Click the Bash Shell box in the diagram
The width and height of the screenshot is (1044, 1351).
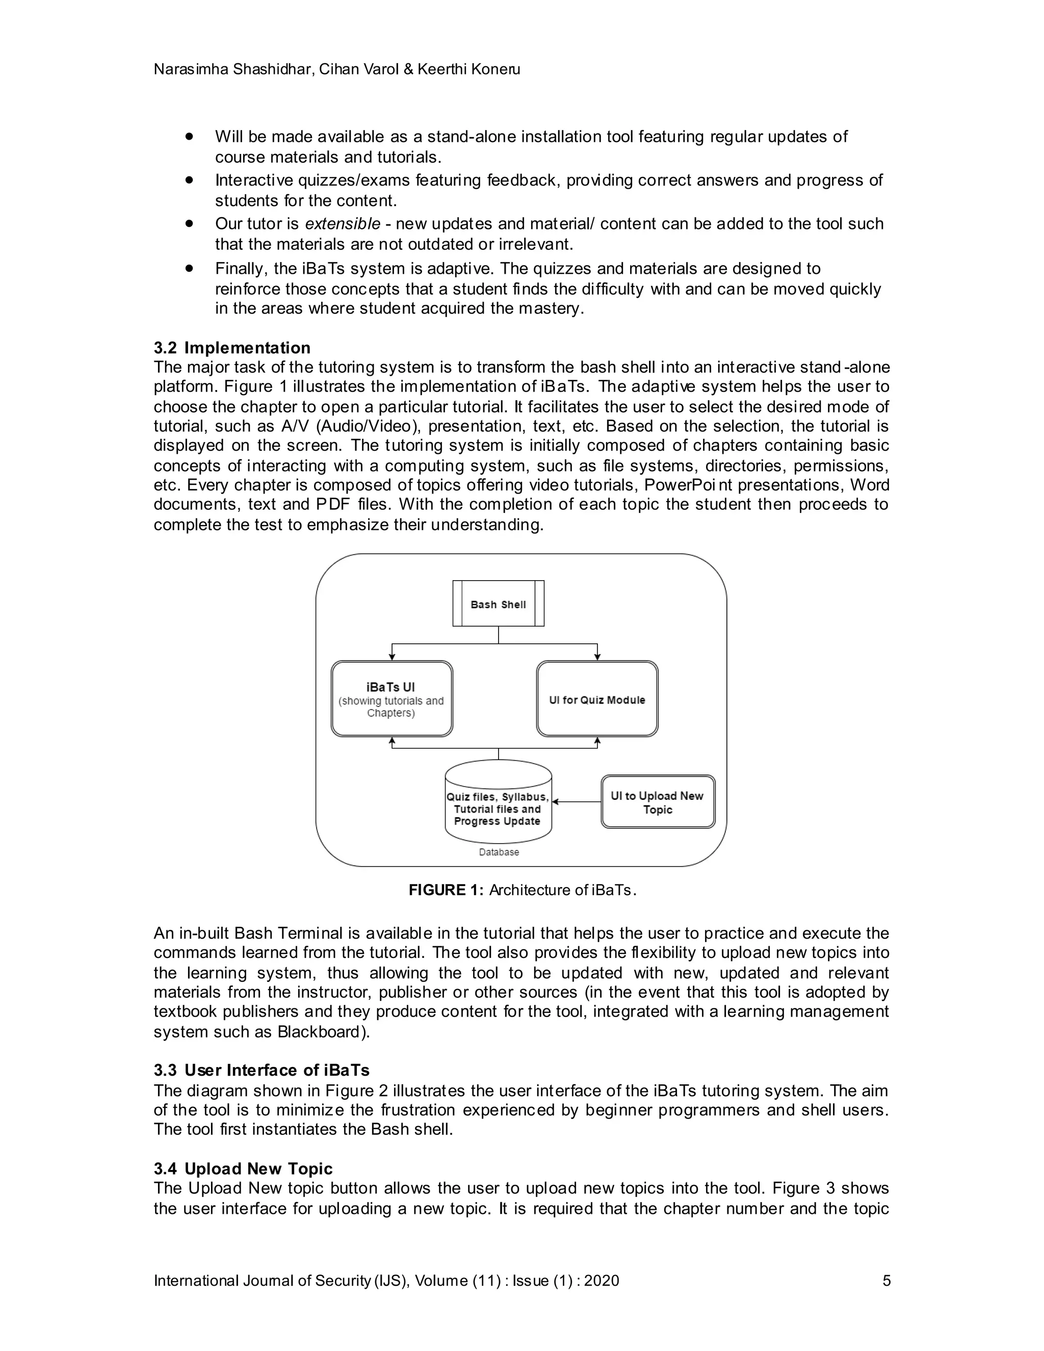498,604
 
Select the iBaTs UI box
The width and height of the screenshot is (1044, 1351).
391,699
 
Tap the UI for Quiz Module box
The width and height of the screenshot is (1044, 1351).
597,699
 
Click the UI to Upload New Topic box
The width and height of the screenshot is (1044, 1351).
658,802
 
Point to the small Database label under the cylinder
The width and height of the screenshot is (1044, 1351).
499,852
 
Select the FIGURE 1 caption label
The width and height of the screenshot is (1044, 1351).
446,890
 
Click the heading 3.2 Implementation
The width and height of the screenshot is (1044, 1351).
232,348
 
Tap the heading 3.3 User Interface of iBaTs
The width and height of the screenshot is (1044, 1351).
261,1070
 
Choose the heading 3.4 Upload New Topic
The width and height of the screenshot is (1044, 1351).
243,1168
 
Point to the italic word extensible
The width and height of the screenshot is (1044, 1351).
343,223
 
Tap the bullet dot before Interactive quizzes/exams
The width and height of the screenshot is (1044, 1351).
189,180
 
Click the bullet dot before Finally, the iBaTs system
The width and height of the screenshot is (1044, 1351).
189,269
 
